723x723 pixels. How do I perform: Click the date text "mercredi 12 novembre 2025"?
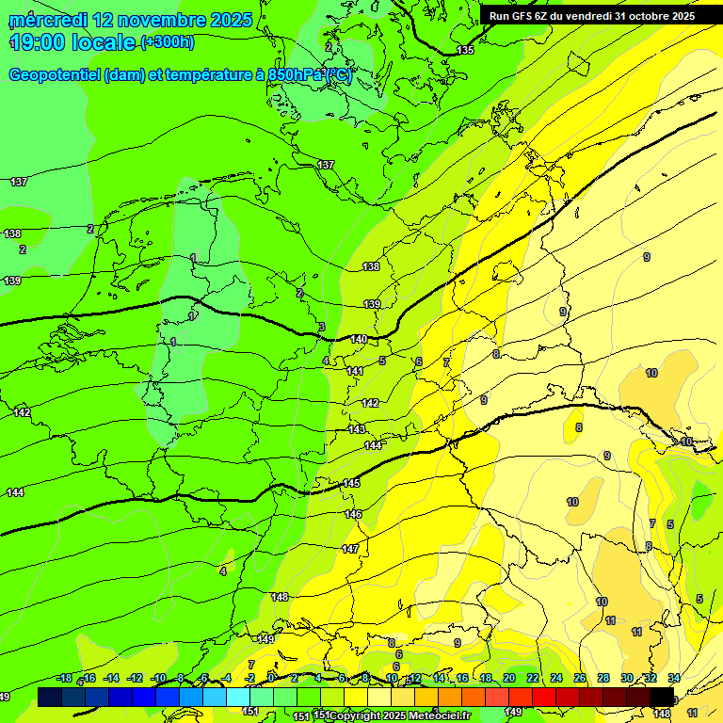click(x=130, y=20)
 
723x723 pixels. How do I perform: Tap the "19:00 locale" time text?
click(x=72, y=42)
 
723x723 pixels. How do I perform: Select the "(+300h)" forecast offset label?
click(x=168, y=42)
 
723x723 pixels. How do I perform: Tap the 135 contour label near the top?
click(x=465, y=50)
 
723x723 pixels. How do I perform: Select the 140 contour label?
click(x=359, y=339)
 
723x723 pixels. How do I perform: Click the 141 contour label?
click(x=355, y=372)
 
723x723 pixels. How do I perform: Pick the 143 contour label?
click(x=357, y=429)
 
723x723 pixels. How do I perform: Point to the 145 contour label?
click(x=351, y=483)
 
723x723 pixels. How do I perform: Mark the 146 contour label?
click(x=353, y=514)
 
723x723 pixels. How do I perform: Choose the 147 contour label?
click(x=350, y=548)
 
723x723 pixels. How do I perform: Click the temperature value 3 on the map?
click(x=321, y=328)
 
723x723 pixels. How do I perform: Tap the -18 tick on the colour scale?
click(x=64, y=679)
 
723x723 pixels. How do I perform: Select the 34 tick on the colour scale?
click(x=674, y=679)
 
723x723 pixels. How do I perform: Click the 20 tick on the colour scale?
click(x=509, y=679)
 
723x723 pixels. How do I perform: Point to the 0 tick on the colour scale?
click(x=271, y=679)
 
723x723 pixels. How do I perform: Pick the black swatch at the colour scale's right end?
click(x=662, y=696)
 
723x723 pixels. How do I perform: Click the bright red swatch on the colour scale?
click(x=544, y=696)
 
